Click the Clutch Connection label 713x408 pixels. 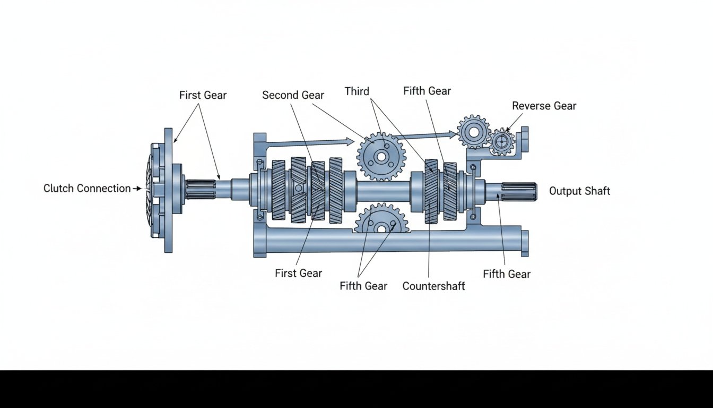click(87, 189)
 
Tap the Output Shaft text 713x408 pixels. click(579, 191)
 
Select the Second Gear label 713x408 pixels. click(293, 95)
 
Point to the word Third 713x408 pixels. click(356, 91)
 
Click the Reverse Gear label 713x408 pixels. click(544, 106)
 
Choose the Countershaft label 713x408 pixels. click(433, 286)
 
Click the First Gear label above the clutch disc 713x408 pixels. click(203, 96)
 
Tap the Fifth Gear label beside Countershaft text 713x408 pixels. click(363, 286)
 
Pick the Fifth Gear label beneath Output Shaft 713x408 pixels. click(507, 274)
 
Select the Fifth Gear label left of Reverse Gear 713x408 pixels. click(427, 91)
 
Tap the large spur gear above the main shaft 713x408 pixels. click(381, 156)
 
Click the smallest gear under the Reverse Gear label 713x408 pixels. click(501, 142)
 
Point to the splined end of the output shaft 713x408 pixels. click(518, 191)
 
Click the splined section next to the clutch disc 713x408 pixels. click(201, 190)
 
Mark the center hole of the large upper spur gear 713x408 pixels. click(381, 157)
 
